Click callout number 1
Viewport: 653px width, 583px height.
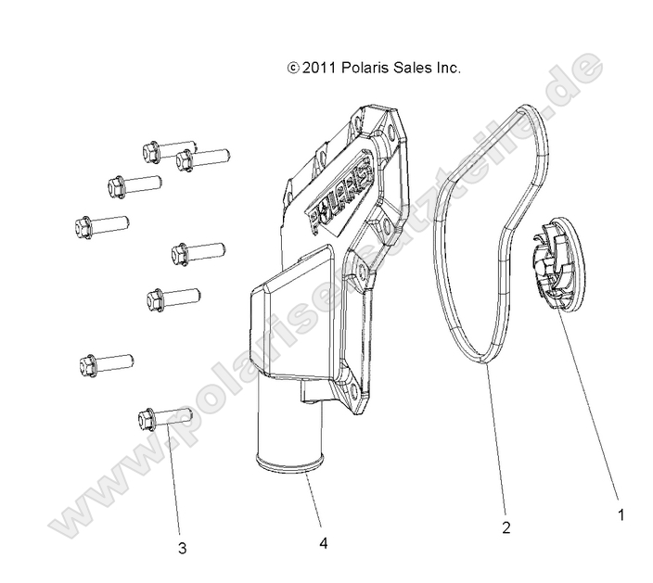tap(621, 514)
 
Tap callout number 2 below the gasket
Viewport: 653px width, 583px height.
tap(506, 527)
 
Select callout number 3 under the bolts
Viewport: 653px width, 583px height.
tap(182, 549)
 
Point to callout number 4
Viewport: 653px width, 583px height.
tap(323, 543)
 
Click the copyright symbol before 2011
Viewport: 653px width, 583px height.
tap(293, 68)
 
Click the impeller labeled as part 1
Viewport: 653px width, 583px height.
tap(559, 262)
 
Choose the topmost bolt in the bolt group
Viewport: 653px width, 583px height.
tap(169, 151)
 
